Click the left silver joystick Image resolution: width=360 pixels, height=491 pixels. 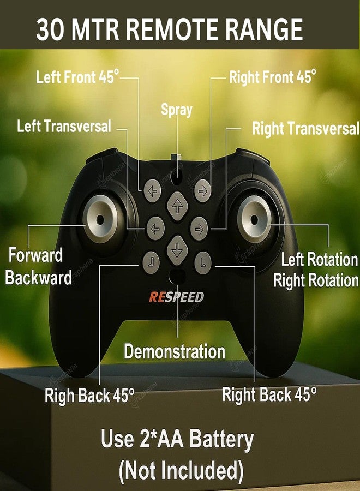[100, 219]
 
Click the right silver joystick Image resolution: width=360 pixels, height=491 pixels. [254, 219]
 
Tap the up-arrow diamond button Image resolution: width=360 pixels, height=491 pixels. [177, 206]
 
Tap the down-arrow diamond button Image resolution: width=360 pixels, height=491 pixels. [177, 250]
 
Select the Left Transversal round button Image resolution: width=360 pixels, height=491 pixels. [155, 229]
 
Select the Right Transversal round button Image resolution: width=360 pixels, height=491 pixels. [199, 229]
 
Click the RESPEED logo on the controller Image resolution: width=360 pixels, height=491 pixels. [176, 297]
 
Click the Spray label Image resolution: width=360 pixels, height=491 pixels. [177, 110]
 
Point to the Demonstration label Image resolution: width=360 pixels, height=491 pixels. [175, 351]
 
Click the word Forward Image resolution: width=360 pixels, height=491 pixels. [35, 255]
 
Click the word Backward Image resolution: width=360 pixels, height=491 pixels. [39, 278]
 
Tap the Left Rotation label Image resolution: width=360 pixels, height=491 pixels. [319, 259]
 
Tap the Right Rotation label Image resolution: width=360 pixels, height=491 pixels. [316, 280]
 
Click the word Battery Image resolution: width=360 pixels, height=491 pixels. [221, 439]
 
